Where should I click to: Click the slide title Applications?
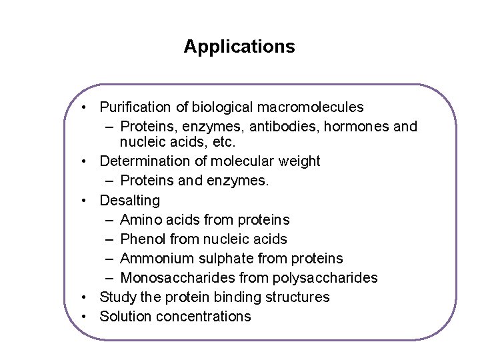[x=239, y=47]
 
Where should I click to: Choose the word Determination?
[x=143, y=161]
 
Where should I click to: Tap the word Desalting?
[x=130, y=201]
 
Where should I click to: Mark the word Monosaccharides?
[x=173, y=278]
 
